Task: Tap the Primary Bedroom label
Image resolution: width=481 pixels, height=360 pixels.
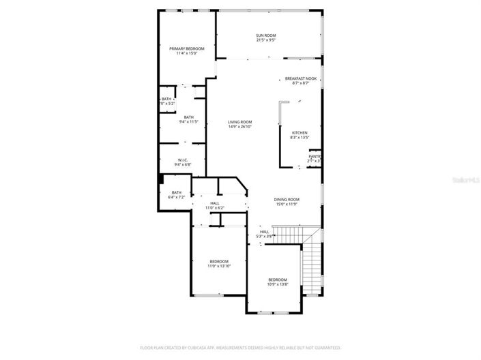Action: (x=186, y=48)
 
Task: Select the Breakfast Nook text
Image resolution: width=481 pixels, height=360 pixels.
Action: (x=300, y=78)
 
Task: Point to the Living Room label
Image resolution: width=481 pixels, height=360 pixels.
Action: (x=239, y=122)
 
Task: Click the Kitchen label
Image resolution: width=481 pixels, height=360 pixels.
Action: (x=300, y=132)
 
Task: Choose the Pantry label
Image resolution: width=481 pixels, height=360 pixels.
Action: (x=315, y=156)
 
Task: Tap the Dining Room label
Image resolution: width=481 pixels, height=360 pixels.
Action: (x=287, y=199)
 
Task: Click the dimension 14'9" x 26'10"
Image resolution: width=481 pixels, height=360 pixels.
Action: (x=239, y=127)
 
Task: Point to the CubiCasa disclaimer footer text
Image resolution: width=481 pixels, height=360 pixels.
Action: (x=240, y=346)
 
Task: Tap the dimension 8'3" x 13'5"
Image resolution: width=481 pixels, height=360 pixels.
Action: (x=300, y=138)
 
